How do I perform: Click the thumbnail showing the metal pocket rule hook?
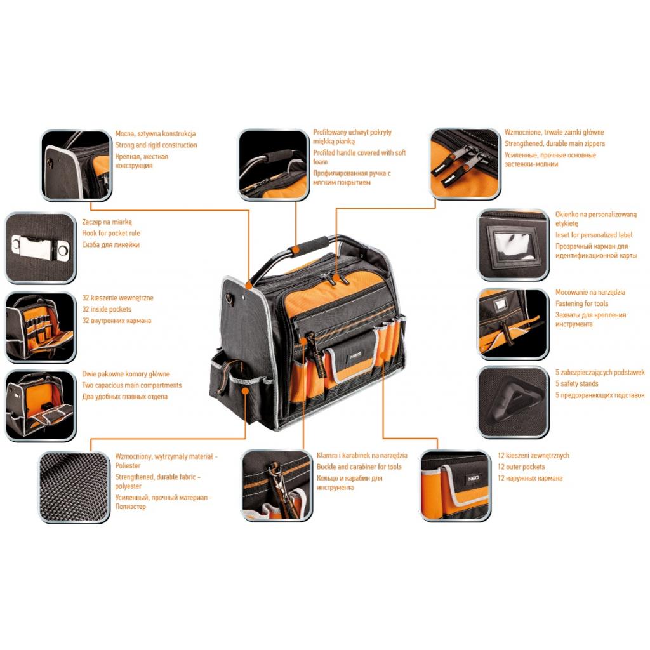point(40,247)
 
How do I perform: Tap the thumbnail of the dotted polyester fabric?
point(74,486)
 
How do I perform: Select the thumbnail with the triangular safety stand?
point(513,401)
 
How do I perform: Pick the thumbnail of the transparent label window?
point(513,244)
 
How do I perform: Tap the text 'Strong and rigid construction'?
point(156,145)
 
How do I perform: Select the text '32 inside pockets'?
point(107,309)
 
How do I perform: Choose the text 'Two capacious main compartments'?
point(132,385)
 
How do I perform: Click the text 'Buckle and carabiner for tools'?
point(359,467)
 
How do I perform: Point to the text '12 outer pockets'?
point(521,467)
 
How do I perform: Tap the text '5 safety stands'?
point(577,383)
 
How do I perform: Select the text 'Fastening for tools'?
point(581,303)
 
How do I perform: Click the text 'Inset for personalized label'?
point(594,235)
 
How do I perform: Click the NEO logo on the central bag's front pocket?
point(351,357)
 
